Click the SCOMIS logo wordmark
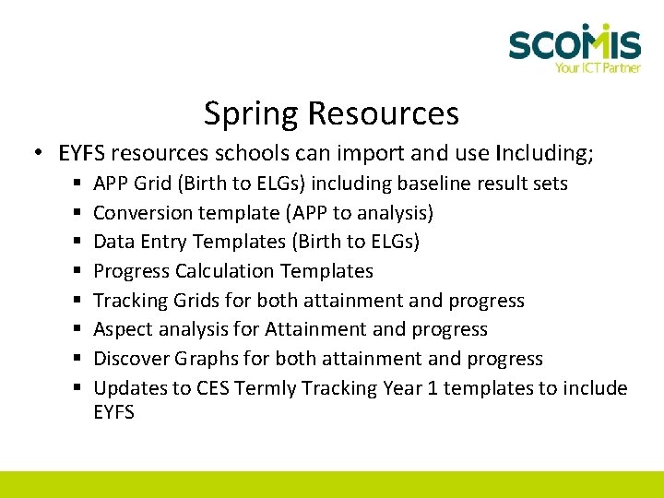[x=574, y=43]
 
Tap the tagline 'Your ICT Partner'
[x=597, y=67]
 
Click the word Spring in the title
[x=251, y=114]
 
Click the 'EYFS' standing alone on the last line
[x=113, y=412]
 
